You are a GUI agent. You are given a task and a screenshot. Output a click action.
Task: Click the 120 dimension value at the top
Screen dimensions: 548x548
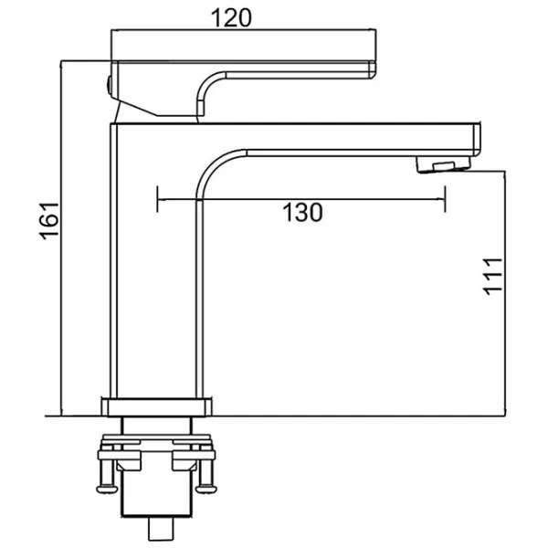pos(231,18)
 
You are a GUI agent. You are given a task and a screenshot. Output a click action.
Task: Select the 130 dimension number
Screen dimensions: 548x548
pos(302,213)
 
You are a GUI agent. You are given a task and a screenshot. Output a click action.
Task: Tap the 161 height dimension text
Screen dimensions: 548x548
pos(49,221)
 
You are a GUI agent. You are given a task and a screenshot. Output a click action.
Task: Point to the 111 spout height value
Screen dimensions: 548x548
pos(492,277)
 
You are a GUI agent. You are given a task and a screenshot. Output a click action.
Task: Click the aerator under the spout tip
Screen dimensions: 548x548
pos(443,164)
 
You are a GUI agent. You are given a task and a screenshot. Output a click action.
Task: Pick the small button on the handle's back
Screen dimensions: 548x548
pos(109,86)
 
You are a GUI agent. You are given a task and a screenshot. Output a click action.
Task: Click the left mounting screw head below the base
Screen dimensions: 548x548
pos(107,489)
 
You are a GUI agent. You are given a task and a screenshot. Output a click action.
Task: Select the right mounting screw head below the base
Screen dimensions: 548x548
pos(206,489)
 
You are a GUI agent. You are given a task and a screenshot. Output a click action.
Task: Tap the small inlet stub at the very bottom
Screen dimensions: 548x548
pos(161,529)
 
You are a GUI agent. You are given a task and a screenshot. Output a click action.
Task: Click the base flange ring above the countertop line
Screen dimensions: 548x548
pos(156,406)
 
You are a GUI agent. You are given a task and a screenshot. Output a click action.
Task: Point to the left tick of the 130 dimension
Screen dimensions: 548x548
pos(158,199)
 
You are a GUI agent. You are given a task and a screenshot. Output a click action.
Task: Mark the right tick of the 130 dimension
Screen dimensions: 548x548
pos(445,199)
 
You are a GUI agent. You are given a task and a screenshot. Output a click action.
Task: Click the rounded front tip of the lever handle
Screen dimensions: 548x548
pos(373,69)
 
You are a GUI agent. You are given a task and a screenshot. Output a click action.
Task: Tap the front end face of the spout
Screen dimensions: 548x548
pos(477,140)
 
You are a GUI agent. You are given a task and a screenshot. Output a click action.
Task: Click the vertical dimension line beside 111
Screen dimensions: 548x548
pos(505,293)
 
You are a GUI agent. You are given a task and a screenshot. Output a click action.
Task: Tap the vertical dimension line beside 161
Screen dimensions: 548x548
pos(61,238)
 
